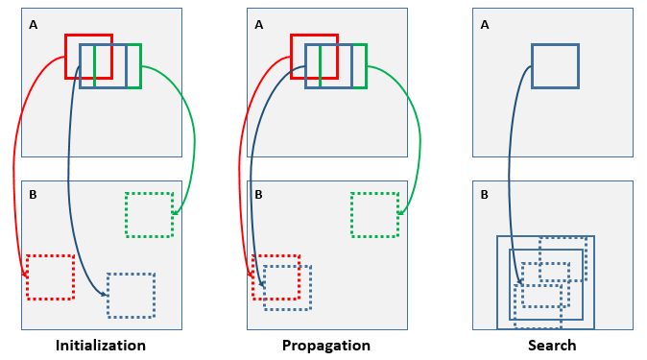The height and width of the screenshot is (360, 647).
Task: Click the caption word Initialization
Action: click(101, 346)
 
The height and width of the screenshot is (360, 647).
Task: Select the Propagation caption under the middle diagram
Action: click(325, 346)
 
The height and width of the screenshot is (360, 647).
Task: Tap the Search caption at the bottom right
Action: click(552, 346)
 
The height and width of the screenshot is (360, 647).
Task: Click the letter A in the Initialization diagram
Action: click(34, 25)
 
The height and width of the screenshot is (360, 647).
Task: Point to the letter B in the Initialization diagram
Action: click(34, 195)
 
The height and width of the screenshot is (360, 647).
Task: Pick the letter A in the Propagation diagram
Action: click(259, 25)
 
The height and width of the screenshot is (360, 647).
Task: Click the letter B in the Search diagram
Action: click(485, 195)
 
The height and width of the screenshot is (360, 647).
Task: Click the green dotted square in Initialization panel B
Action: click(149, 214)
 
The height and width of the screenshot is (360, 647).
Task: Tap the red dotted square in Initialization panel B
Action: click(50, 276)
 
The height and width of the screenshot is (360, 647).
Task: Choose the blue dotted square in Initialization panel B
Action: click(131, 296)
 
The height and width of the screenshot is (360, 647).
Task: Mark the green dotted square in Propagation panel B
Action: click(374, 214)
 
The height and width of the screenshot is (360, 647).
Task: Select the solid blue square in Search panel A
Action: click(555, 66)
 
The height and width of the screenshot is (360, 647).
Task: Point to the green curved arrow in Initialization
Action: click(193, 134)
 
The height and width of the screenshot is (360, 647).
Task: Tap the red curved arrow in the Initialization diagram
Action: click(14, 163)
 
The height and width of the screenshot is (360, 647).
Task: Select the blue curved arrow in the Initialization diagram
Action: click(69, 173)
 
